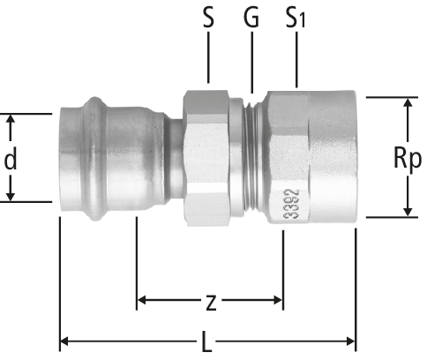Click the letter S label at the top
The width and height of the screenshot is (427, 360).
(208, 18)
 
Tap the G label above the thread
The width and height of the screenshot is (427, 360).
(251, 18)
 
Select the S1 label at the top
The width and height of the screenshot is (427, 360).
(296, 18)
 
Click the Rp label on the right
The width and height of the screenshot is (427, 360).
(408, 158)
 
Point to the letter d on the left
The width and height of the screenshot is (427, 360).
(11, 158)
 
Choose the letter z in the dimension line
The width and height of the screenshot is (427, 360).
(211, 303)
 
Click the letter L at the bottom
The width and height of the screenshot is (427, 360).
(207, 342)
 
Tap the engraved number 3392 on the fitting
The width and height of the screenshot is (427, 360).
(292, 204)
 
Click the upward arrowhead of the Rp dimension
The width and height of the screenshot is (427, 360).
(408, 103)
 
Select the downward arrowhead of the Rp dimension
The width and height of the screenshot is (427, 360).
(408, 211)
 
